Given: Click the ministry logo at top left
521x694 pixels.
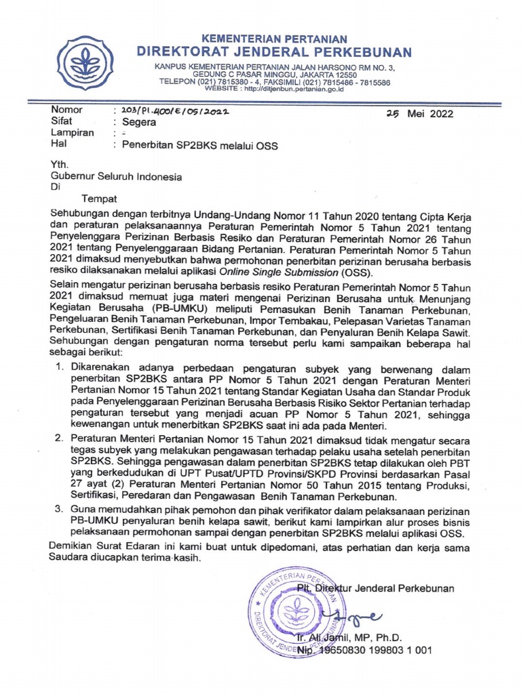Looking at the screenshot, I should click(x=85, y=64).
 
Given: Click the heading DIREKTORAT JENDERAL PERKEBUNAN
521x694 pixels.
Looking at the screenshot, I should click(x=274, y=52).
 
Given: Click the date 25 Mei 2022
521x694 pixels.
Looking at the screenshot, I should click(x=420, y=114).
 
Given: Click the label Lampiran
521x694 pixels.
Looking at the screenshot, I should click(x=73, y=133).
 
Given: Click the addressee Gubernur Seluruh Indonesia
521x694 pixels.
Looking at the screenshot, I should click(x=117, y=177).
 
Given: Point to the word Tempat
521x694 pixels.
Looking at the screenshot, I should click(x=99, y=199).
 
